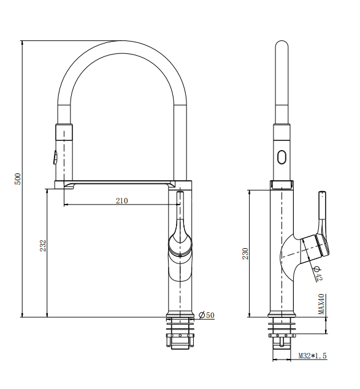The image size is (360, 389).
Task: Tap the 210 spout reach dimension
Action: (x=121, y=201)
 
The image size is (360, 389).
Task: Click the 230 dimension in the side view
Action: (x=245, y=253)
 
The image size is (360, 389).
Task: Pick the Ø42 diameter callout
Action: (x=318, y=274)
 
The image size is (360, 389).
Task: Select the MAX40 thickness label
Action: (x=321, y=304)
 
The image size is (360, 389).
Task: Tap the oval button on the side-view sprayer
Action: (x=281, y=156)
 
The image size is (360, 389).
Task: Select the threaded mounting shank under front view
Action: (x=181, y=333)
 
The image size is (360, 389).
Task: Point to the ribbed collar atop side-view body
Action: (x=281, y=184)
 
